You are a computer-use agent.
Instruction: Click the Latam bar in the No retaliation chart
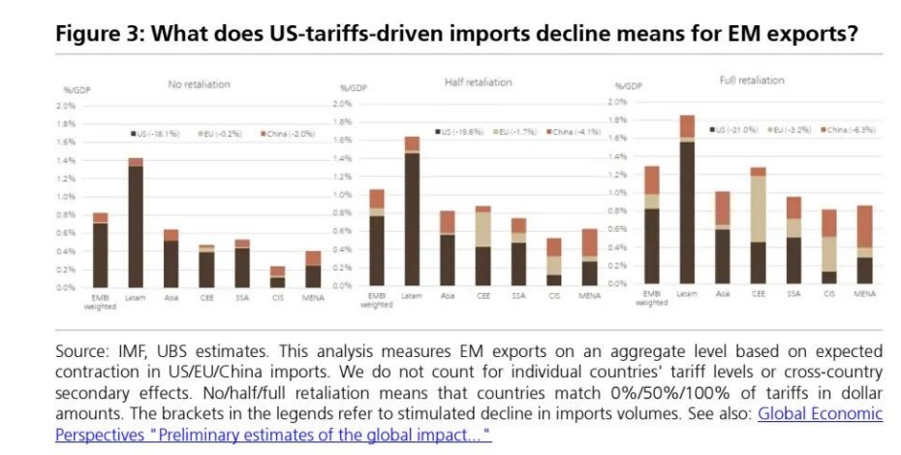[136, 223]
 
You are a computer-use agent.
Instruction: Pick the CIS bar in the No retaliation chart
[277, 277]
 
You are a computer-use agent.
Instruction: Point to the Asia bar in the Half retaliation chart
[447, 248]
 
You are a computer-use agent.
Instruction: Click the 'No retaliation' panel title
[200, 84]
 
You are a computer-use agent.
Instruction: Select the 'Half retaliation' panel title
[478, 82]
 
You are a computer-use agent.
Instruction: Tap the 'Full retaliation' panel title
[752, 81]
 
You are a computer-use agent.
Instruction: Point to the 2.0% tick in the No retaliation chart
[67, 105]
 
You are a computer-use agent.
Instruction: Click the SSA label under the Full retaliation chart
[793, 293]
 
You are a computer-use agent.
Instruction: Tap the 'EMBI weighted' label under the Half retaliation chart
[376, 299]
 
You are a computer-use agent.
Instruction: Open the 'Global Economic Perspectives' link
[819, 413]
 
